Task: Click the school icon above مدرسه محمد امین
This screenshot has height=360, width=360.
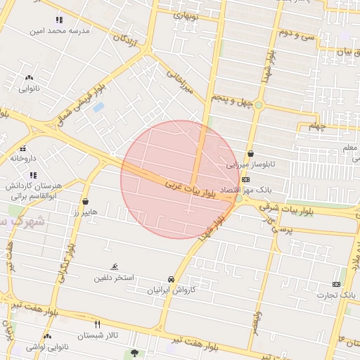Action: coord(58,20)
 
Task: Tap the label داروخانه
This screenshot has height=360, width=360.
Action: coord(22,158)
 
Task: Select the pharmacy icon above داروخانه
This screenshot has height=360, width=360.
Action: coord(22,148)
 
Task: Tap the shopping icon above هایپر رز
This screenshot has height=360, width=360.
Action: coord(86,201)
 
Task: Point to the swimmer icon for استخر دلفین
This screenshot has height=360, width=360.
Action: coord(114,266)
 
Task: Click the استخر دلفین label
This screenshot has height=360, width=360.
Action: coord(114,278)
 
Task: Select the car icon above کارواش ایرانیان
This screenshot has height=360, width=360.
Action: coord(172,279)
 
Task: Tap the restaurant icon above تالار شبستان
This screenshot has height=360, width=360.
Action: coord(97,324)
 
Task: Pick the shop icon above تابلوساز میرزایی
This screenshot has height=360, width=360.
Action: coord(251,154)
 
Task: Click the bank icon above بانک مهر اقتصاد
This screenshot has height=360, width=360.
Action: coord(245,179)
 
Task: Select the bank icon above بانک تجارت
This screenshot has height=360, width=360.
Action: coord(337,283)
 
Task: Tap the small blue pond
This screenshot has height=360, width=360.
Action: coord(98,107)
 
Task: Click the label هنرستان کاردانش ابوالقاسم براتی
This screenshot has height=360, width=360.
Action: coord(34,191)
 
